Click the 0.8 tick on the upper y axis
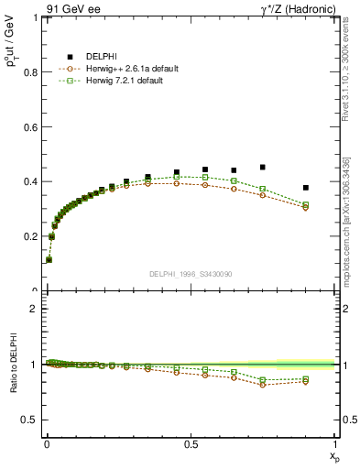click(30, 71)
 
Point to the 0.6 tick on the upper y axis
click(30, 126)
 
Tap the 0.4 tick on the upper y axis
click(30, 181)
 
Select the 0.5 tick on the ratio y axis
click(30, 420)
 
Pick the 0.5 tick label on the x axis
click(191, 443)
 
